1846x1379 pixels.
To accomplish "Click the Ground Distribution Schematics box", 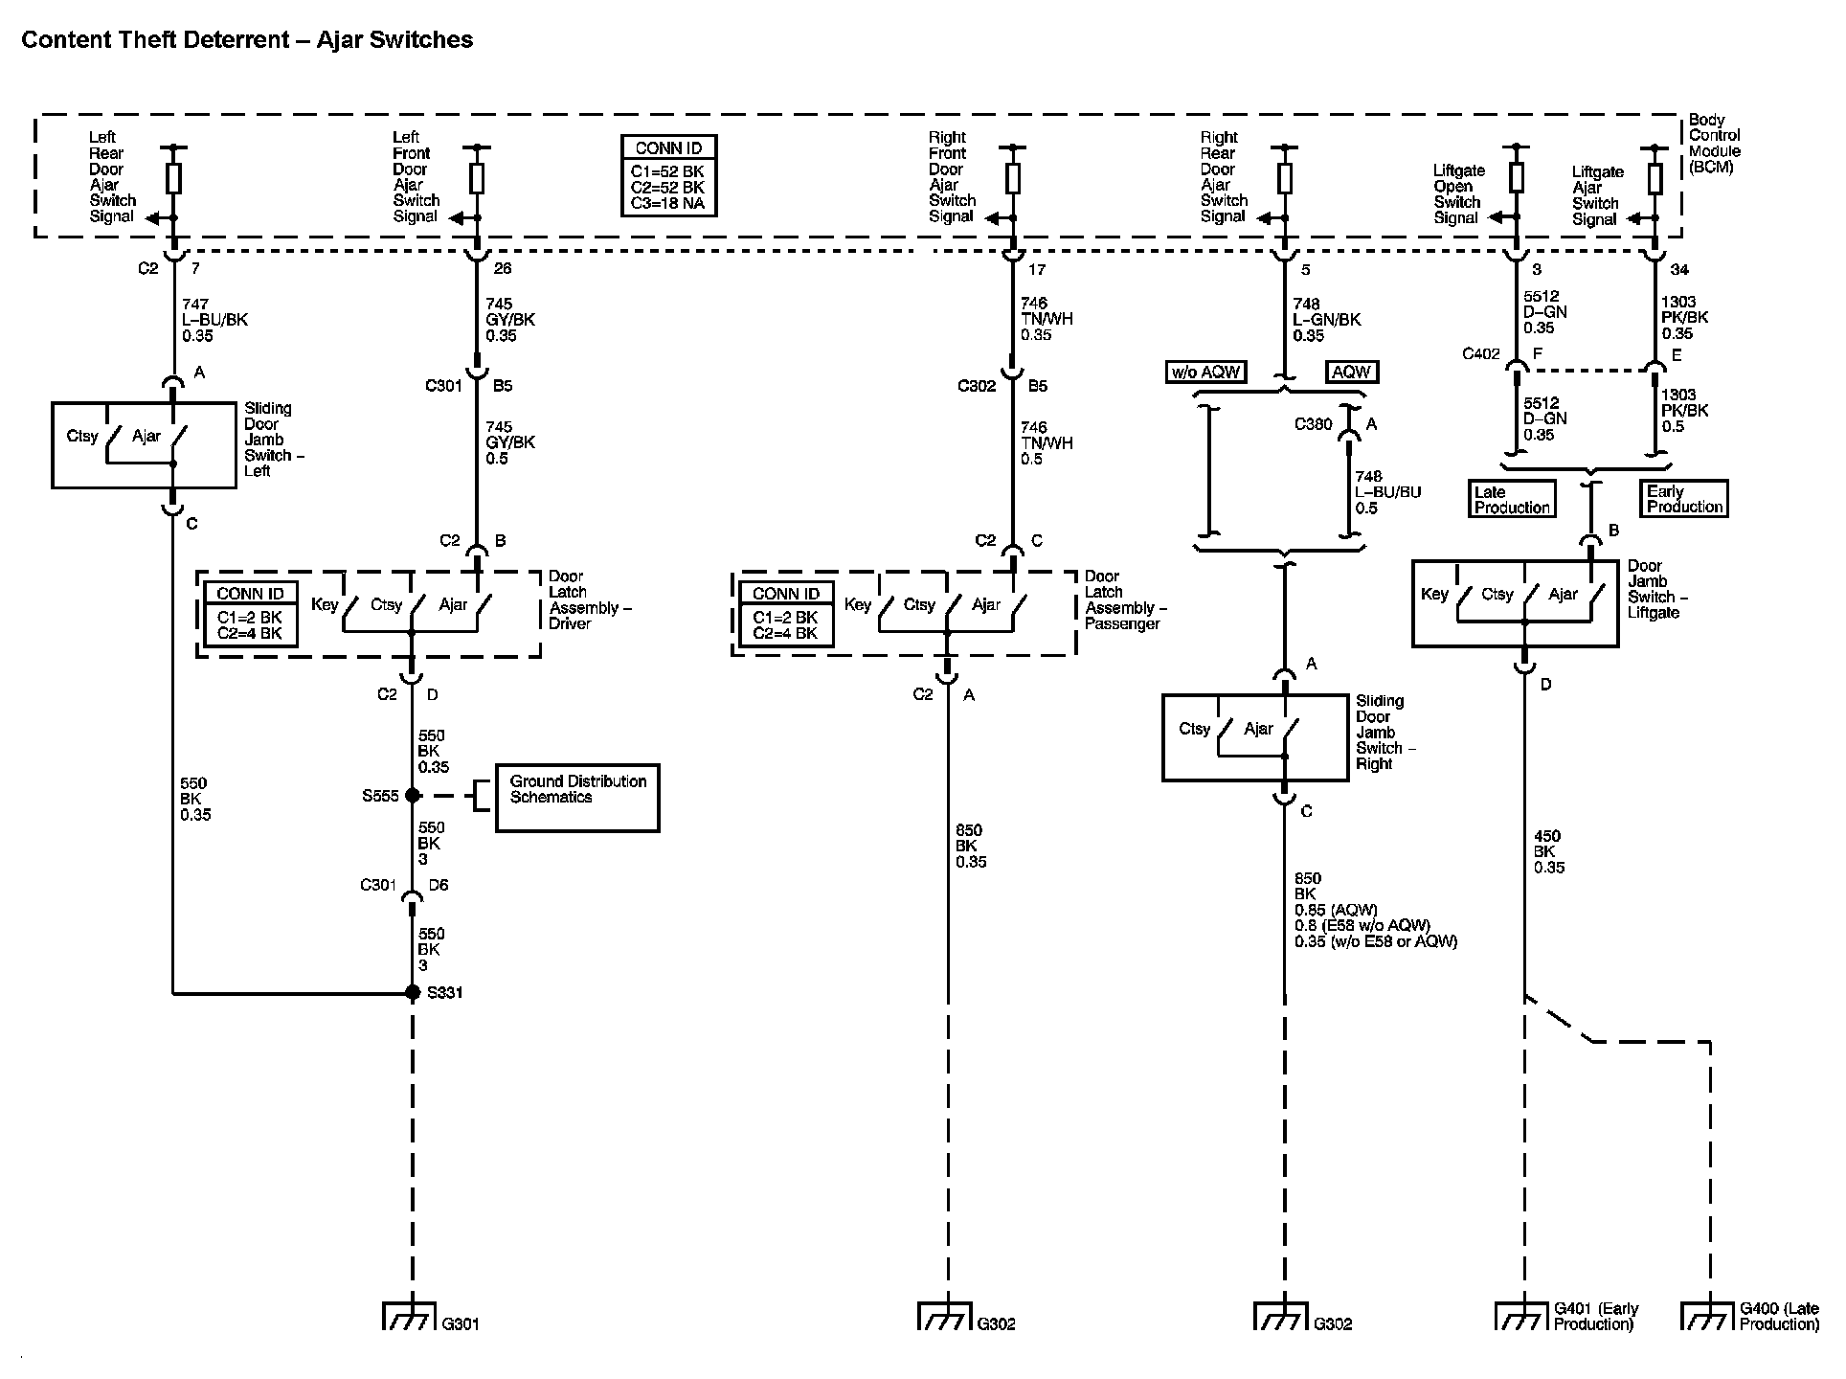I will point(576,797).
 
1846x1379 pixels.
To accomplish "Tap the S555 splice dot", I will point(413,796).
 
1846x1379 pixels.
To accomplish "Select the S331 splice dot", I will point(413,993).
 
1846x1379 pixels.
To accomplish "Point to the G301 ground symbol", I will point(410,1317).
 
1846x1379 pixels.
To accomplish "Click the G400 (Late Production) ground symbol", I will point(1708,1317).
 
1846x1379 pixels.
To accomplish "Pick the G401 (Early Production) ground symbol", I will point(1521,1317).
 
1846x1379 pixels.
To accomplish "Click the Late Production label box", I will point(1511,499).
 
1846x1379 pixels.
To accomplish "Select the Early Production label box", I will point(1684,499).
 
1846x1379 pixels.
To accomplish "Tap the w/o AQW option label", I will point(1205,373).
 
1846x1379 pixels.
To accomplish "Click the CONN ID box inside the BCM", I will point(668,175).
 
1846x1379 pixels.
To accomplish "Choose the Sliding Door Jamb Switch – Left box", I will point(144,445).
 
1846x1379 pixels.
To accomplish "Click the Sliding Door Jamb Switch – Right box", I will point(1254,737).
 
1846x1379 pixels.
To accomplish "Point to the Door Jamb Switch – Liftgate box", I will point(1515,603).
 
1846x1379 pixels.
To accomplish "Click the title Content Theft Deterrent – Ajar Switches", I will point(247,39).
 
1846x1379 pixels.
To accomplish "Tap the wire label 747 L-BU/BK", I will point(214,320).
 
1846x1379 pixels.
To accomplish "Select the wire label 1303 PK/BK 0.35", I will point(1684,318).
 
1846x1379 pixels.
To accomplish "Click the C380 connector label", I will point(1313,424).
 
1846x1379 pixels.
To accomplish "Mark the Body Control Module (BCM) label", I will point(1713,144).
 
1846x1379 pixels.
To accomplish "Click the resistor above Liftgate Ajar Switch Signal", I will point(1655,179).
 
